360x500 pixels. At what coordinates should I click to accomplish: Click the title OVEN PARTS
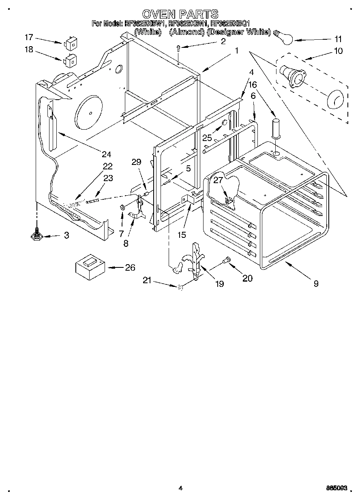180,14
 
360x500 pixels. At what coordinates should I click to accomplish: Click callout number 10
338,51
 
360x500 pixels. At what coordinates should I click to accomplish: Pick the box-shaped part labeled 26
89,267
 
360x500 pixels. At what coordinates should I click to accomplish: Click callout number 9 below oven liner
316,284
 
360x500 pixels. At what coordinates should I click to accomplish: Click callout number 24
106,154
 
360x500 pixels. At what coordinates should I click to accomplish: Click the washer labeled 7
122,208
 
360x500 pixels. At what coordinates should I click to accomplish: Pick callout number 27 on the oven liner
219,180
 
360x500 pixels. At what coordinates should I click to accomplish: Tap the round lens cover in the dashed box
335,99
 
